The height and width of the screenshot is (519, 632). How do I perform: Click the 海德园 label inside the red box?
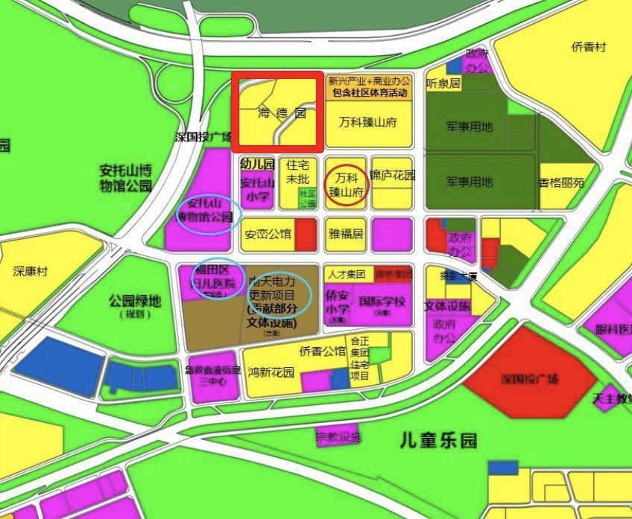tap(282, 114)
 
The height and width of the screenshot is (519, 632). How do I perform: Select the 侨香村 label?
tap(589, 47)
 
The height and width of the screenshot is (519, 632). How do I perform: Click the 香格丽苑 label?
tap(561, 182)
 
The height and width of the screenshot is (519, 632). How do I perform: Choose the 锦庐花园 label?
tap(392, 176)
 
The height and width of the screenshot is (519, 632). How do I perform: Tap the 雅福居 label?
tap(347, 234)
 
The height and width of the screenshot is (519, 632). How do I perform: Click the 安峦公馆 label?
tap(268, 234)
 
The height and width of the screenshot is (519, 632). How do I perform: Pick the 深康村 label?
tap(30, 271)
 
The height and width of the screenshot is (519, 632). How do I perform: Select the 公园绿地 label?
tap(134, 302)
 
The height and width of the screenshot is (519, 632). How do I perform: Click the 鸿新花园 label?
tap(271, 373)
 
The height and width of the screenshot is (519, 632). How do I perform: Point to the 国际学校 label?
tap(382, 302)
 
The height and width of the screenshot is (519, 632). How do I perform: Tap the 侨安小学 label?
tap(337, 302)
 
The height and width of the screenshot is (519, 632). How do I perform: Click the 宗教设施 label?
tap(338, 436)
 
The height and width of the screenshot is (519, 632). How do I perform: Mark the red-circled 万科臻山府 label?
tap(347, 184)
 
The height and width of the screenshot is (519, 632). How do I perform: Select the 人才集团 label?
tap(348, 274)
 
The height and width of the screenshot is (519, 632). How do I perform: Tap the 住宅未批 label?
tap(297, 172)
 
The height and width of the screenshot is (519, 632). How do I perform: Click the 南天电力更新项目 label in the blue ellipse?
tap(273, 296)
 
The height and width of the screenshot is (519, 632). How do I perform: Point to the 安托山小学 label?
tap(258, 190)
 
